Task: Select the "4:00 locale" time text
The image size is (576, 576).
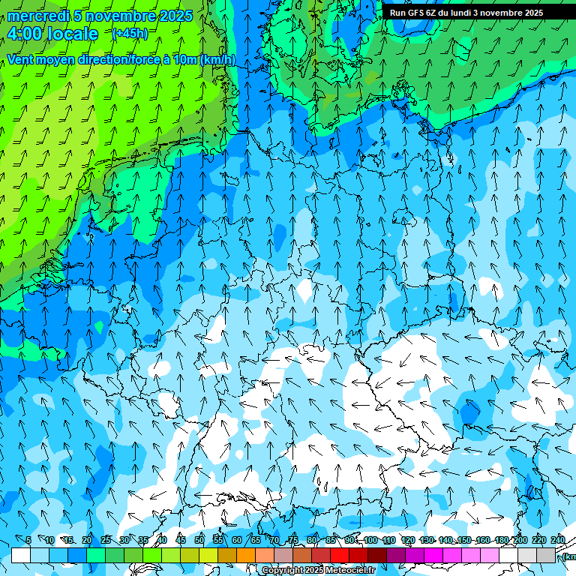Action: (52, 34)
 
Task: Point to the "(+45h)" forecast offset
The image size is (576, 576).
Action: (130, 33)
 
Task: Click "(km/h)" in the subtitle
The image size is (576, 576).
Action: (217, 60)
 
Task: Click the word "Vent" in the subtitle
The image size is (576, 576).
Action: (22, 60)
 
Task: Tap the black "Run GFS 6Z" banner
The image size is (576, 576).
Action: (466, 13)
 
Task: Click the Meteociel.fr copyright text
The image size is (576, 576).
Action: (319, 571)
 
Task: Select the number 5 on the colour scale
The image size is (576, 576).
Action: (28, 540)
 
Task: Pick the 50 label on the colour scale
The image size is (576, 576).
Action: (199, 540)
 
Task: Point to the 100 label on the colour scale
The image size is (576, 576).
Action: (370, 540)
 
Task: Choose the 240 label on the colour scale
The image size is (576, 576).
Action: (557, 540)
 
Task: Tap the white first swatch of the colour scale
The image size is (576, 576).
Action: (21, 556)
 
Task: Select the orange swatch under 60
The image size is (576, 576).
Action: (246, 556)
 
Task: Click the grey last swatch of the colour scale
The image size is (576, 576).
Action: (546, 556)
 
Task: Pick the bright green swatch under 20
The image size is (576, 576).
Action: (96, 556)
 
